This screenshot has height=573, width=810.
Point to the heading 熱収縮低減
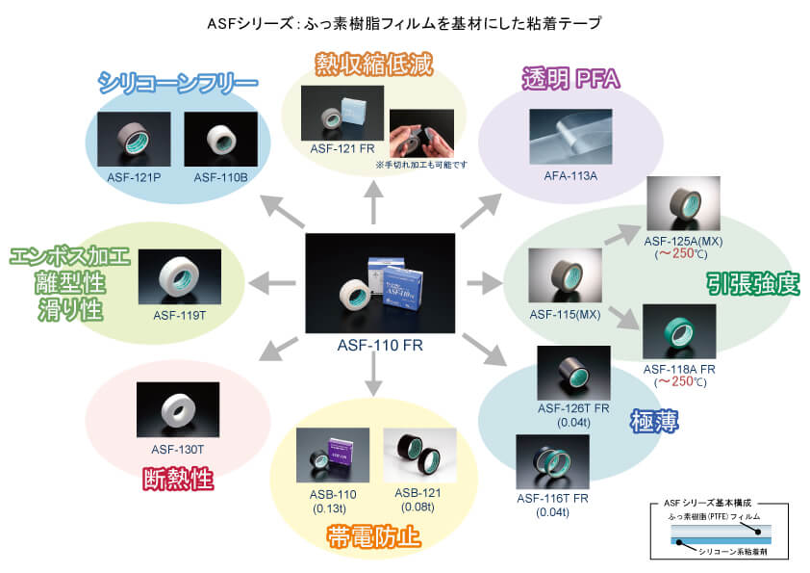click(x=373, y=65)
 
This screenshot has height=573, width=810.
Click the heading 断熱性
click(x=177, y=479)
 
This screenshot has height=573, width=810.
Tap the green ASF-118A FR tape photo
click(x=679, y=332)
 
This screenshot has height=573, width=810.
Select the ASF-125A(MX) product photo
click(x=679, y=203)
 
